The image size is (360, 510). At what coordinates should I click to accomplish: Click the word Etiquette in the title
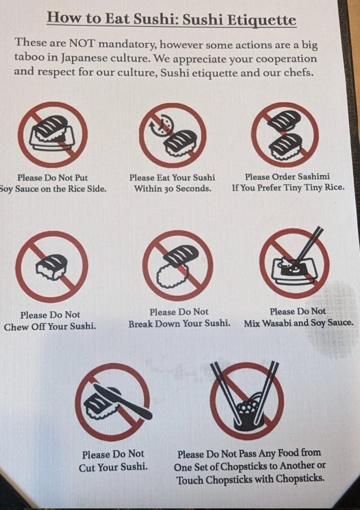tap(262, 20)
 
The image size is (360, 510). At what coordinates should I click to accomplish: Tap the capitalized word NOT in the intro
tap(81, 43)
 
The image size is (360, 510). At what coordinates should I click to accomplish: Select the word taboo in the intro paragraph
tap(29, 57)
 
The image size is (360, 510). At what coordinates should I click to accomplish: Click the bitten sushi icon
tap(51, 267)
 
